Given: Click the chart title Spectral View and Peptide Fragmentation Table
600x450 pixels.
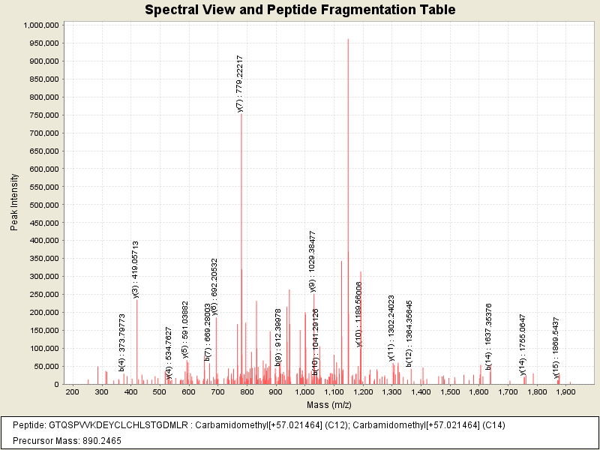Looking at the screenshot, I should click(x=300, y=10).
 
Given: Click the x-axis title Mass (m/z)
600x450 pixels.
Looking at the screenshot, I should click(x=330, y=405).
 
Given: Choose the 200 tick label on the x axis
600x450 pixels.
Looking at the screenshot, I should click(x=72, y=392).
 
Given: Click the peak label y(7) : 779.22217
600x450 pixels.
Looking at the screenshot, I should click(x=239, y=83).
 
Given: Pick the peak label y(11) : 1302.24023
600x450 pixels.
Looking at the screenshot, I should click(x=391, y=328).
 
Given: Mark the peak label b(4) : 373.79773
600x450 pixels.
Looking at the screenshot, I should click(x=122, y=343).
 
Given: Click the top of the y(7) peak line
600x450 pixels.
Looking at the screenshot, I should click(x=241, y=114).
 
